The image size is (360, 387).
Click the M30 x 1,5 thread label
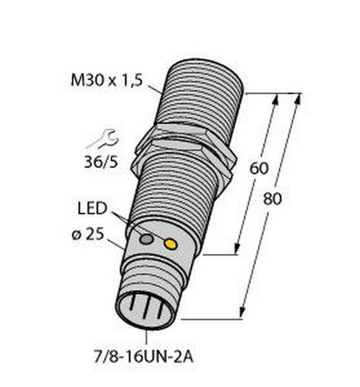pyautogui.click(x=107, y=80)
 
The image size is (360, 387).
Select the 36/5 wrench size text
pyautogui.click(x=101, y=162)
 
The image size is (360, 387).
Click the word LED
pyautogui.click(x=93, y=208)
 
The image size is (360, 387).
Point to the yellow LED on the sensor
pyautogui.click(x=171, y=244)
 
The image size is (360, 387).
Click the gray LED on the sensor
pyautogui.click(x=146, y=239)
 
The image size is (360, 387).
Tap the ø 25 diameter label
pyautogui.click(x=87, y=235)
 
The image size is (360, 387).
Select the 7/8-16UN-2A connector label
pyautogui.click(x=143, y=358)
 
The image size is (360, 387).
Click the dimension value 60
pyautogui.click(x=259, y=168)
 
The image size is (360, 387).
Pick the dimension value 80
pyautogui.click(x=273, y=199)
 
